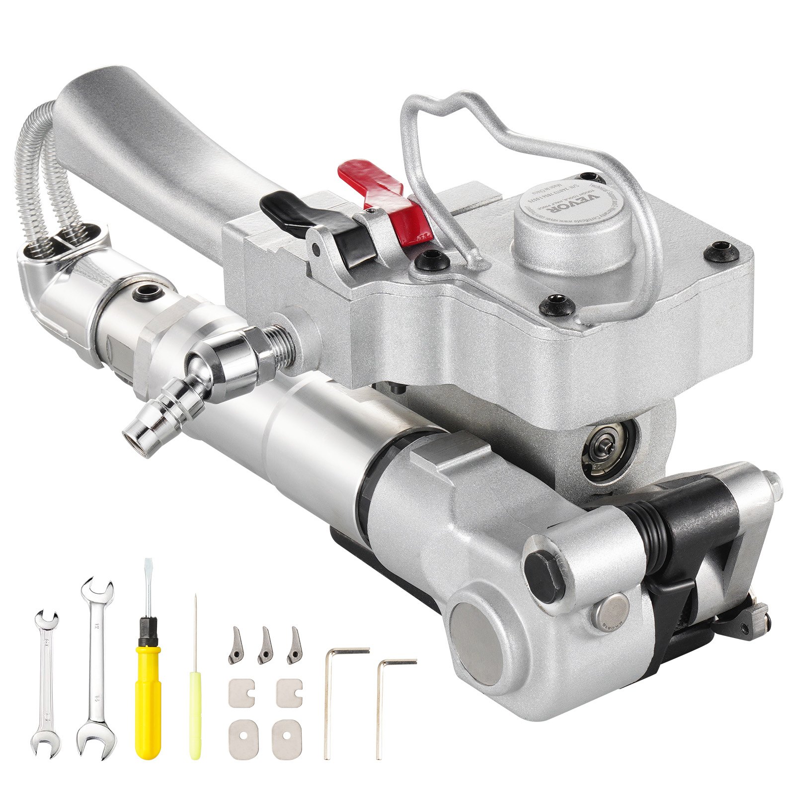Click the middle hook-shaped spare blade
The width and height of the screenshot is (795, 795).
264,646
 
